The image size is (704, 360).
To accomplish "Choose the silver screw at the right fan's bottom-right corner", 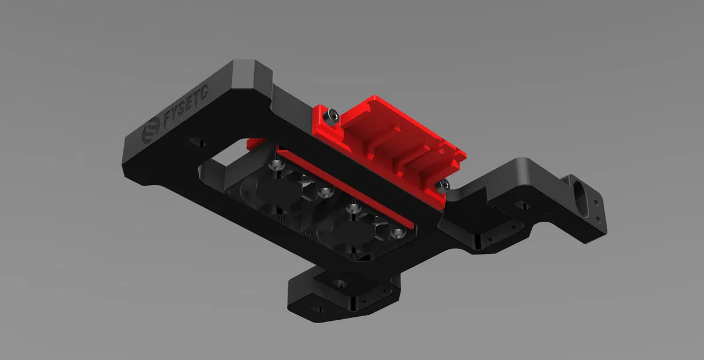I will click(x=398, y=233).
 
